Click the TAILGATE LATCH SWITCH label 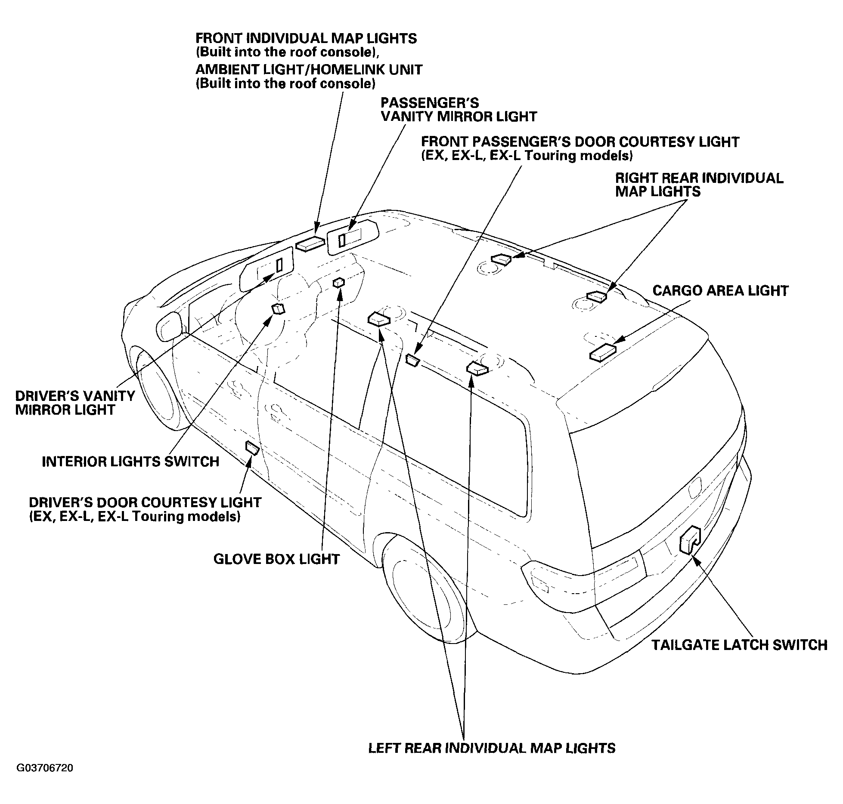click(739, 645)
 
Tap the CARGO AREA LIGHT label click(720, 290)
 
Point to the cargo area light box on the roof click(603, 352)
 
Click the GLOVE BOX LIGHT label click(276, 559)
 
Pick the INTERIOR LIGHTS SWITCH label click(130, 462)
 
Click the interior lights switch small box click(278, 309)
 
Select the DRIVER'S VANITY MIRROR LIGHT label click(75, 403)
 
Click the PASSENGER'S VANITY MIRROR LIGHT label click(459, 110)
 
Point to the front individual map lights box click(310, 243)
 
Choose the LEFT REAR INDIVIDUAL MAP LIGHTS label click(492, 748)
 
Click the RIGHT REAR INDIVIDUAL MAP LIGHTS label click(699, 185)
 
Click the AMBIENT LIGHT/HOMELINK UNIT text click(309, 69)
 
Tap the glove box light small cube click(339, 282)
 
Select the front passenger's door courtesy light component click(412, 360)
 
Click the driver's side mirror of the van click(170, 327)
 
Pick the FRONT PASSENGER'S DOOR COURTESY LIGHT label click(580, 148)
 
